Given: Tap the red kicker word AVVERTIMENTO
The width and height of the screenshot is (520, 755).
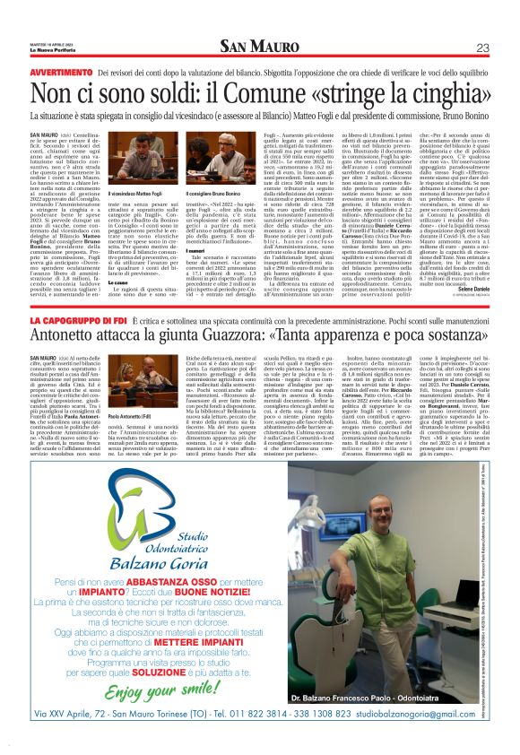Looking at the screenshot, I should [x=61, y=71].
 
